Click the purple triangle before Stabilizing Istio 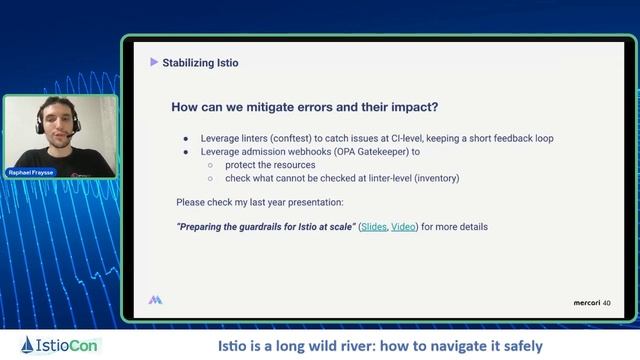[154, 62]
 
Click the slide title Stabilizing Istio [200, 63]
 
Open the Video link [403, 227]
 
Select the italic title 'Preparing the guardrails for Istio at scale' [265, 227]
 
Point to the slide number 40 [607, 301]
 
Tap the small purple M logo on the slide [155, 299]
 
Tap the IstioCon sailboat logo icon [26, 345]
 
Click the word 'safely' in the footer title [520, 346]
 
